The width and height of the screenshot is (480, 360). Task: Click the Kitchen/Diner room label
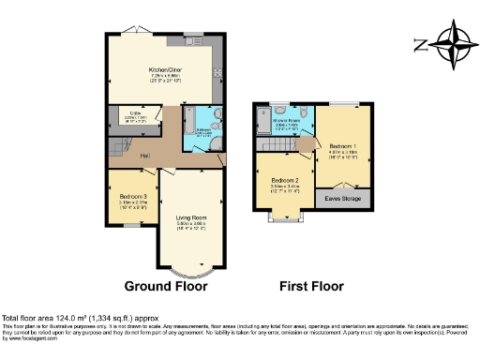pos(164,70)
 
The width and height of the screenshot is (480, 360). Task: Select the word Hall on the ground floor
pos(145,156)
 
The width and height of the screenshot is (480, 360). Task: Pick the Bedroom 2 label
pos(284,180)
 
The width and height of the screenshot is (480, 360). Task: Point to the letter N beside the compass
pos(419,43)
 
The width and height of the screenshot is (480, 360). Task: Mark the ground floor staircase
pos(116,147)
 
